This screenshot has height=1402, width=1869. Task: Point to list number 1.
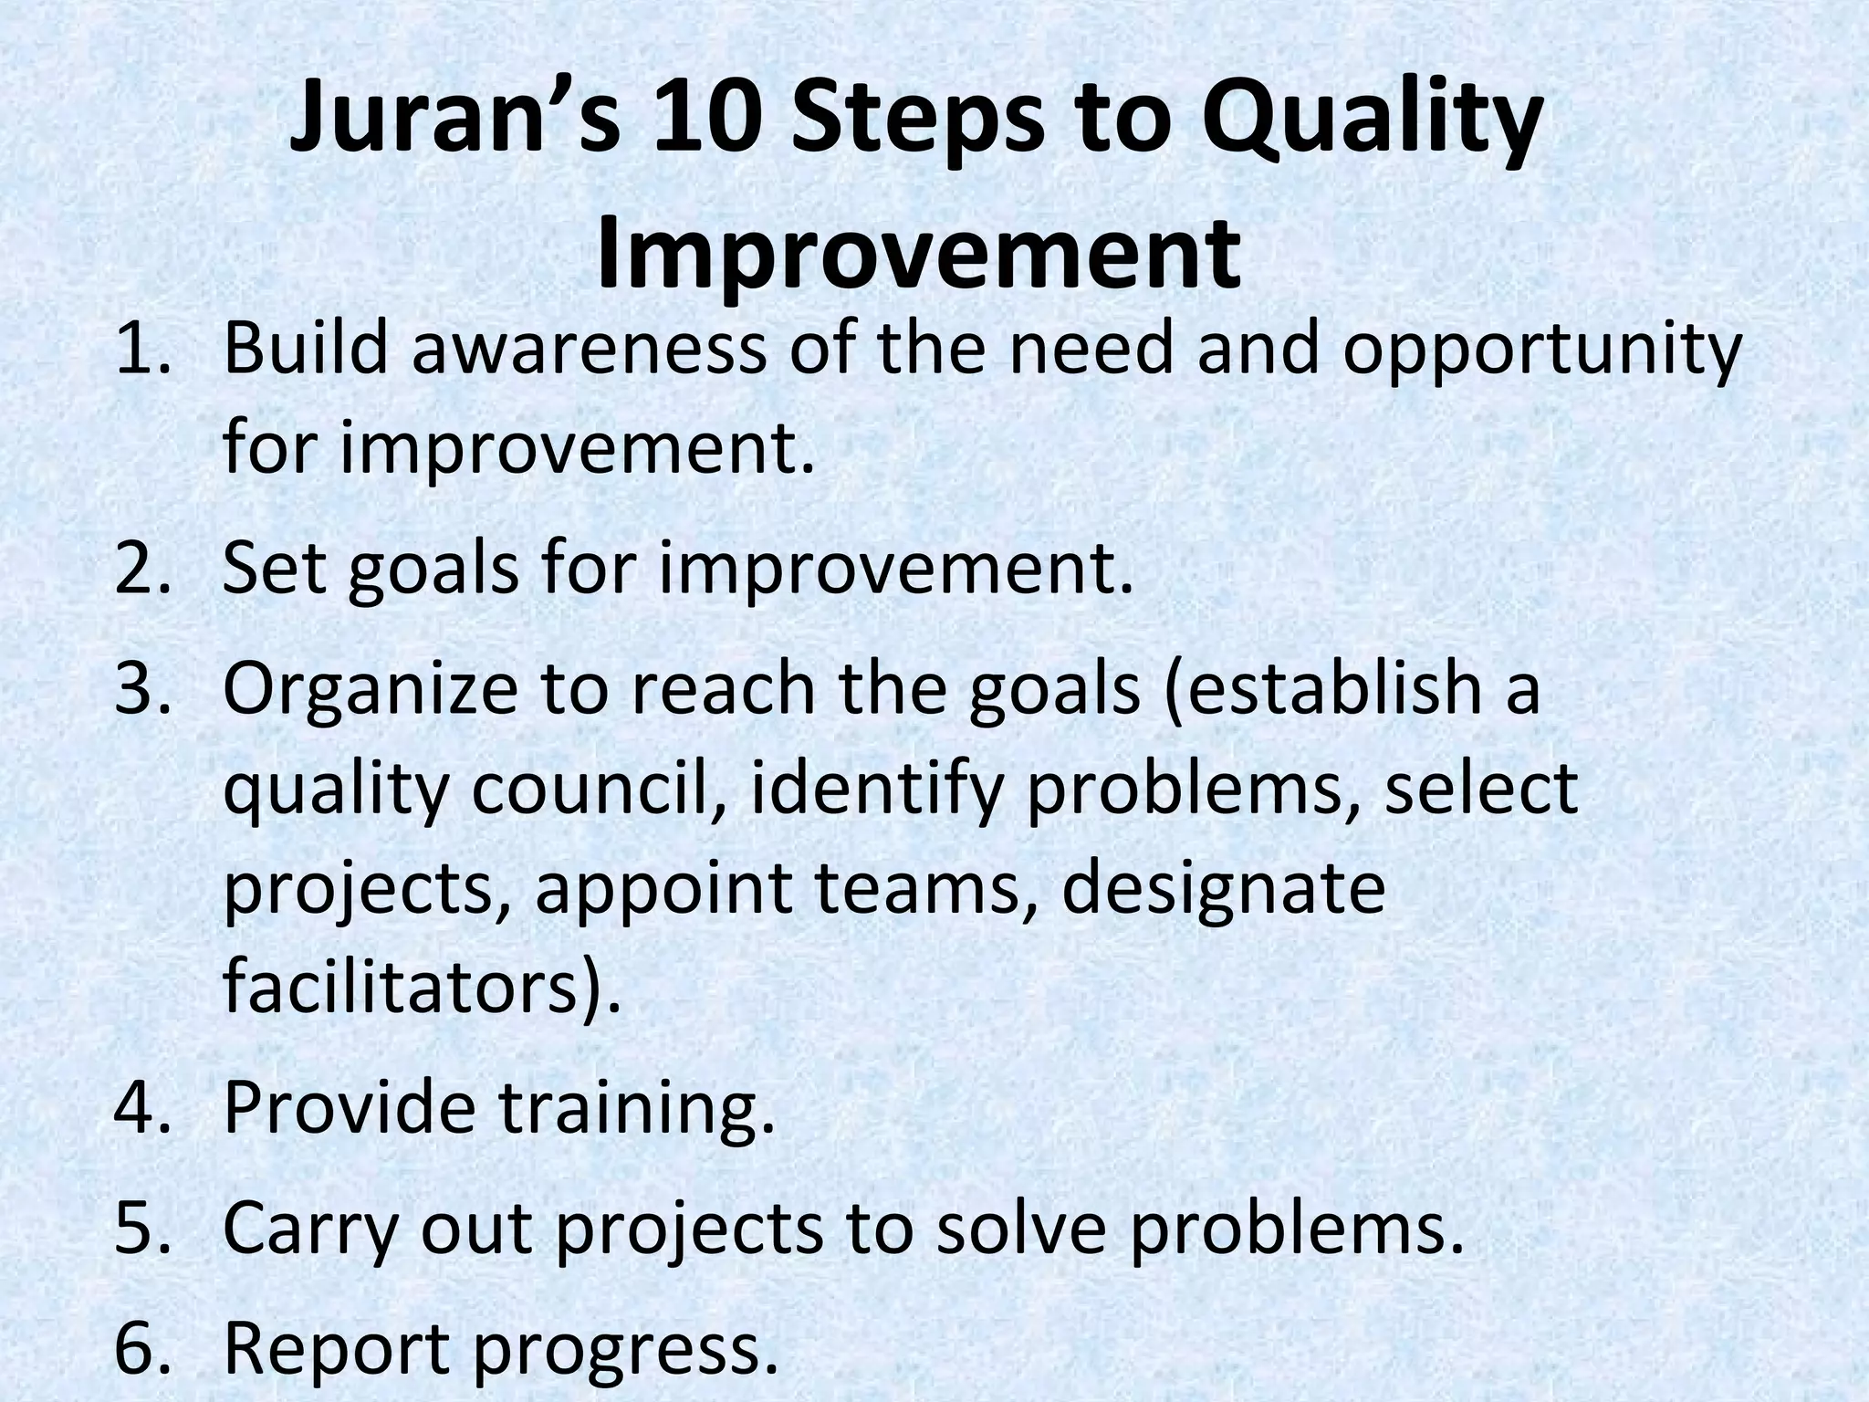coord(143,349)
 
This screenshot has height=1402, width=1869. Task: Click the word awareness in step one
coord(589,349)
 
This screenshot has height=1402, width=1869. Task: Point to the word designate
coord(1223,889)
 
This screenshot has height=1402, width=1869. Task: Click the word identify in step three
coord(876,789)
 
